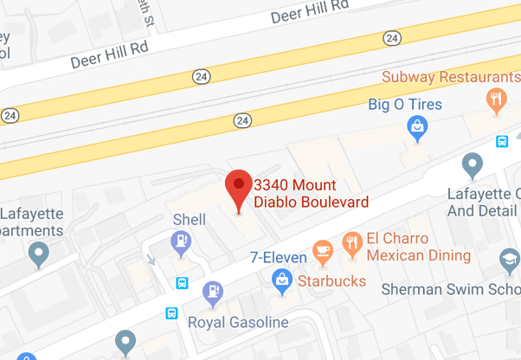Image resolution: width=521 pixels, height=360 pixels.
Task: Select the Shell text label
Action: (190, 220)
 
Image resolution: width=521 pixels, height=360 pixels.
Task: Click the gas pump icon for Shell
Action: (182, 242)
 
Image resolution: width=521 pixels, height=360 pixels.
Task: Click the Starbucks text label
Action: (332, 281)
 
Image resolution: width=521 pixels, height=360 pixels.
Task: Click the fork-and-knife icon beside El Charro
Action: (351, 242)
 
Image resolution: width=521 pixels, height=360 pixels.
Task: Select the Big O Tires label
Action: (405, 106)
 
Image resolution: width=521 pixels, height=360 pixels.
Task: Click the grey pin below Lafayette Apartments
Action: (38, 254)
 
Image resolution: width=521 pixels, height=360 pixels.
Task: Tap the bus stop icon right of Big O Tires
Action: (501, 141)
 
